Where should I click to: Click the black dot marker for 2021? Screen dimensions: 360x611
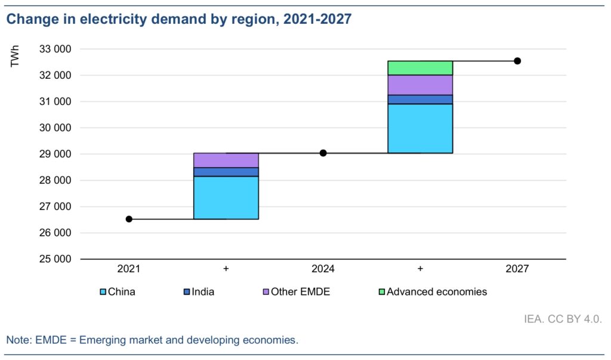129,219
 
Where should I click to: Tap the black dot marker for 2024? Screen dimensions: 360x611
323,153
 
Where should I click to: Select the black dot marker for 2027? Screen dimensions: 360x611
517,61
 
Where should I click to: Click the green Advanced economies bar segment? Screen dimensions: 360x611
420,67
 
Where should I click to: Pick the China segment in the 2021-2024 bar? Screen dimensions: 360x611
226,198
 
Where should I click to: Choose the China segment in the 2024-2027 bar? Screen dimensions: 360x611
420,128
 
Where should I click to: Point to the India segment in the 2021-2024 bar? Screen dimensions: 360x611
226,172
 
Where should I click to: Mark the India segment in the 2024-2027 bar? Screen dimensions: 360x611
420,99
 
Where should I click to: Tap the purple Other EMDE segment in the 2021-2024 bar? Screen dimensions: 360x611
226,160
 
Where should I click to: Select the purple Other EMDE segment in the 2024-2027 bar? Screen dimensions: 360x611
420,85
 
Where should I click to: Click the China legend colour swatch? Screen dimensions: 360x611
103,293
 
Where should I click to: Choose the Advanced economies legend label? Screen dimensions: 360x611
437,292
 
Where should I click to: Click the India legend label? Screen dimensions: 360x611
203,292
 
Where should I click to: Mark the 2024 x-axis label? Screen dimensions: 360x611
323,269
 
